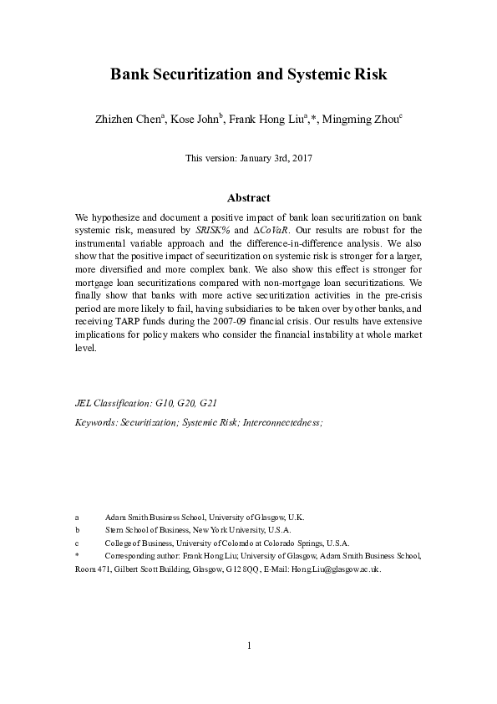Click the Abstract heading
248,198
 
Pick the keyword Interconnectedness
281,423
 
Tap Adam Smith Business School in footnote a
155,518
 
